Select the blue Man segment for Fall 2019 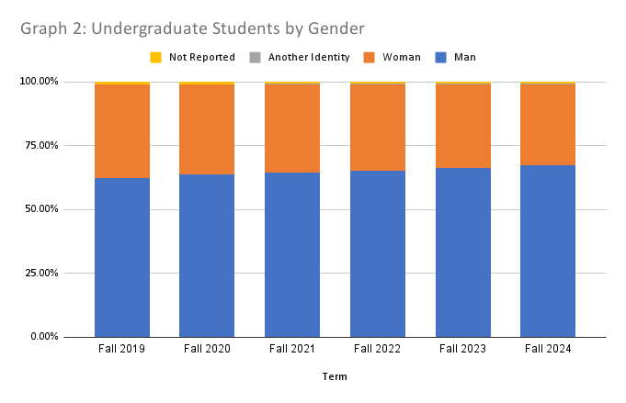122,257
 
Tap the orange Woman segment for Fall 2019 122,130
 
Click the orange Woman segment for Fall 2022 378,127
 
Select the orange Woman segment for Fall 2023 462,126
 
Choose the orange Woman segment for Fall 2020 207,129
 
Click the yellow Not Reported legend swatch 155,58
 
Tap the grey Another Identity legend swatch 255,58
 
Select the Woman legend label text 403,58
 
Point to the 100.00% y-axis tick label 40,82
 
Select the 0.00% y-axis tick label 44,337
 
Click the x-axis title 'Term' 335,376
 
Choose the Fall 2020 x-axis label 207,349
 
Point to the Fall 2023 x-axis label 462,349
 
